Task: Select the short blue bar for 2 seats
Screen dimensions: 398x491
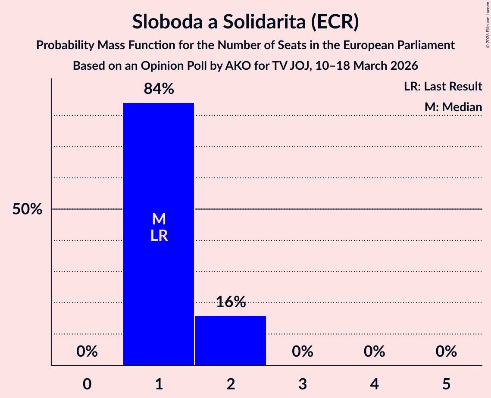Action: coord(231,340)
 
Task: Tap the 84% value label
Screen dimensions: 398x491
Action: coord(159,89)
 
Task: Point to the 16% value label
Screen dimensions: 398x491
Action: coord(231,302)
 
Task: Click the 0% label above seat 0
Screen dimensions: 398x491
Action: coord(87,351)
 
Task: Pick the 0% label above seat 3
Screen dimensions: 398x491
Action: coord(303,351)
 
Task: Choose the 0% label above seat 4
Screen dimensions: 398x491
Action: coord(374,351)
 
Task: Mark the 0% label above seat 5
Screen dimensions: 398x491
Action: coord(446,351)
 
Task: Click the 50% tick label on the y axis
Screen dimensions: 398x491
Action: coord(27,209)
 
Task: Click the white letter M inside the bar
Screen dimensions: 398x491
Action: coord(159,219)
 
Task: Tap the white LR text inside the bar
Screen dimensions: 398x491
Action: coord(159,236)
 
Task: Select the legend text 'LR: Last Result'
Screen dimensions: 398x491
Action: coord(443,87)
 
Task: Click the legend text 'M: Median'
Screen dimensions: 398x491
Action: coord(453,107)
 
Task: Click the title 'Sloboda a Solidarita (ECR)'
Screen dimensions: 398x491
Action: coord(245,22)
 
